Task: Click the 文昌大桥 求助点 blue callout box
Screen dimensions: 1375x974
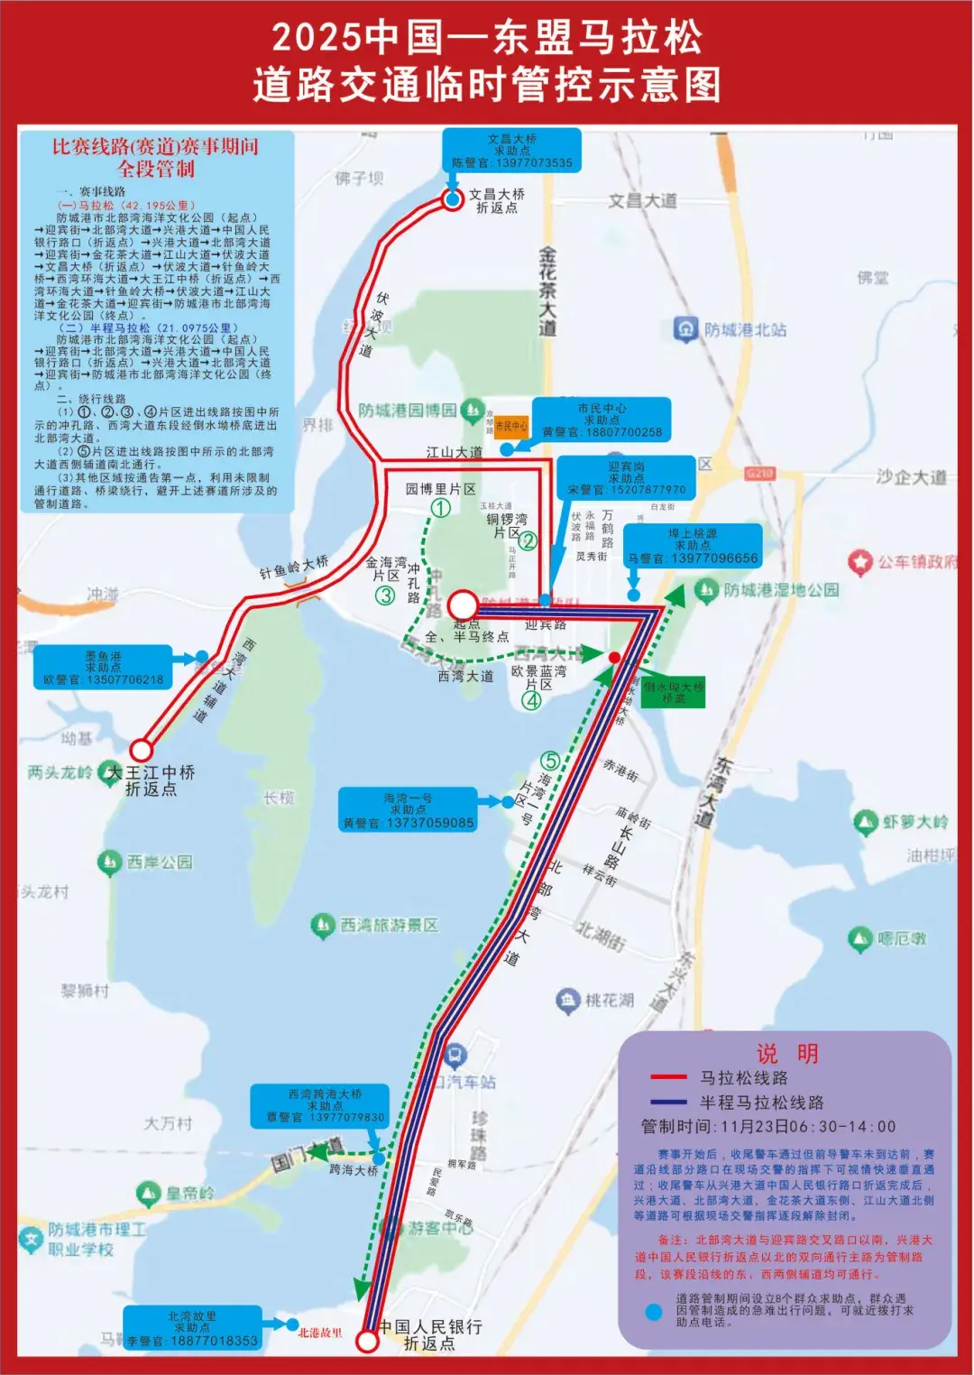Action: click(x=511, y=151)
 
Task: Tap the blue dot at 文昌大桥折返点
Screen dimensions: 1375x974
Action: click(x=453, y=199)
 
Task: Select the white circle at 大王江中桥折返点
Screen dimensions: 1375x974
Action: click(x=141, y=750)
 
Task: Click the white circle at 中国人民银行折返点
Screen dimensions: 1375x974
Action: click(x=367, y=1341)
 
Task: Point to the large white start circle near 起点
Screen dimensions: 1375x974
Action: click(x=463, y=604)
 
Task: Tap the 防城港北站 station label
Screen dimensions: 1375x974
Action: click(x=744, y=329)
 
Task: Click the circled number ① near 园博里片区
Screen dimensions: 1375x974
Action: click(x=440, y=508)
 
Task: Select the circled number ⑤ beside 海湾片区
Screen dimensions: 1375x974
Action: click(x=550, y=761)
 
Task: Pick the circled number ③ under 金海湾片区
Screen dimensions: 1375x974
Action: click(x=385, y=595)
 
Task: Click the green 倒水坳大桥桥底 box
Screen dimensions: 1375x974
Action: click(x=673, y=692)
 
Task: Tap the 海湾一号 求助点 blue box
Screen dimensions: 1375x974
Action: click(x=408, y=810)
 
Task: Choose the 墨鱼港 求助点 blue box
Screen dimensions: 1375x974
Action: click(x=104, y=668)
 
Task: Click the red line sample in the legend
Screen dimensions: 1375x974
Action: click(x=668, y=1076)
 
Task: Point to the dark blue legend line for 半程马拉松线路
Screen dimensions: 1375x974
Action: click(x=668, y=1102)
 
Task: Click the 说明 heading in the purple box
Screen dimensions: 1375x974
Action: click(x=786, y=1053)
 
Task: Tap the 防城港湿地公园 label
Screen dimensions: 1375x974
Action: click(x=780, y=590)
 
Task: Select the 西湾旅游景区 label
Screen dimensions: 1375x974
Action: click(x=388, y=925)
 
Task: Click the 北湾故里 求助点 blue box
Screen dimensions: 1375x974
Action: click(x=192, y=1328)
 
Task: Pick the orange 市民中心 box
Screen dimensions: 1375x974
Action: click(x=510, y=425)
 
